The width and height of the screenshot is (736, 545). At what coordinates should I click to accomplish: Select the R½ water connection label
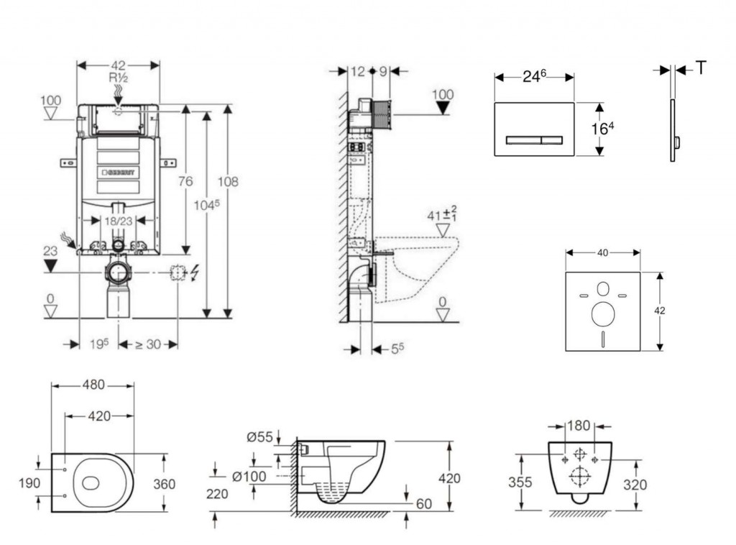tap(119, 78)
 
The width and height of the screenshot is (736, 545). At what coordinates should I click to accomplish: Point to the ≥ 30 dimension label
tap(148, 344)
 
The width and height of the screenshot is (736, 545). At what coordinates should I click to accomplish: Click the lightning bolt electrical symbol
tap(193, 273)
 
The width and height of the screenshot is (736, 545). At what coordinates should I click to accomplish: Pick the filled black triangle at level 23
tap(50, 267)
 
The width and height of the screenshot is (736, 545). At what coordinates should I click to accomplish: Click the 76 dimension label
tap(185, 182)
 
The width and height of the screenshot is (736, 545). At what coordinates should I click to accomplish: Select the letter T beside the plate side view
tap(701, 68)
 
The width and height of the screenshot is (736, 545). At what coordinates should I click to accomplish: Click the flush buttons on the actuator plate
tap(533, 139)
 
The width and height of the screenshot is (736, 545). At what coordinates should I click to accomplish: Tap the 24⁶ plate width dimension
tap(533, 76)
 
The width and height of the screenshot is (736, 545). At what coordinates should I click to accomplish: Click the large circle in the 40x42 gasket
tap(602, 314)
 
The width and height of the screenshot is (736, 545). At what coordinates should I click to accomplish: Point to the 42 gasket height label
tap(660, 311)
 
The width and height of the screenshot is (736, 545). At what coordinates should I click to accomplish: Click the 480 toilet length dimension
tap(92, 385)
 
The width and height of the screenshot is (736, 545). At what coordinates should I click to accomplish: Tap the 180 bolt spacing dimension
tap(579, 426)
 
